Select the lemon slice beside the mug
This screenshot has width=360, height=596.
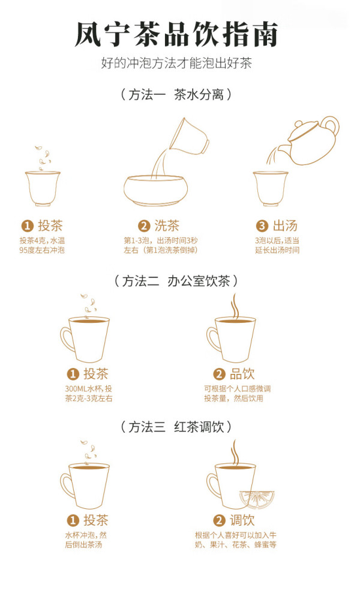(258, 498)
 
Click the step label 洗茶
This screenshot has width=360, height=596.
(167, 226)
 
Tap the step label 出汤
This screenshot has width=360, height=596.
(285, 226)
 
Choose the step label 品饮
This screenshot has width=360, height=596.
(242, 374)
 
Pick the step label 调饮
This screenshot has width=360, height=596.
(242, 520)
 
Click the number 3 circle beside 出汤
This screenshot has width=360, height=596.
(262, 226)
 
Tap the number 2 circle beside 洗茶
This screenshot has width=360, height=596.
(144, 226)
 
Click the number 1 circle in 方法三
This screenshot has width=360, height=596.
(73, 520)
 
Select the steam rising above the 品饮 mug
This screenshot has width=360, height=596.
(235, 307)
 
